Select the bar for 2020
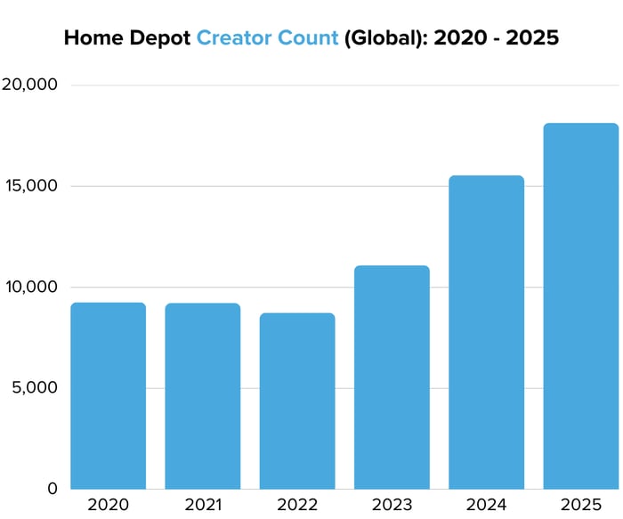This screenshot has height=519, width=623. click(x=108, y=395)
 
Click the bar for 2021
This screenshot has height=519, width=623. click(x=202, y=395)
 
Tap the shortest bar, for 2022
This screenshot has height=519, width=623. click(x=297, y=401)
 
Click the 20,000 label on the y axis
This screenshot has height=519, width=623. click(x=29, y=85)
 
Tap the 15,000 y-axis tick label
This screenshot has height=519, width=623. click(x=30, y=186)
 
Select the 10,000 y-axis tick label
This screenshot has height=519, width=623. click(x=30, y=288)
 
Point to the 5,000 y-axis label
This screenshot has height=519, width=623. click(x=34, y=388)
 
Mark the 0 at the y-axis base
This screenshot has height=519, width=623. click(x=53, y=489)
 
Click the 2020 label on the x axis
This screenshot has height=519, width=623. click(x=108, y=506)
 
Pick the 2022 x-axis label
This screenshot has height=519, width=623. click(x=297, y=506)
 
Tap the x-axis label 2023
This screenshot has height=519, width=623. click(x=392, y=506)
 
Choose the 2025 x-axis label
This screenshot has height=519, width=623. click(x=580, y=506)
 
